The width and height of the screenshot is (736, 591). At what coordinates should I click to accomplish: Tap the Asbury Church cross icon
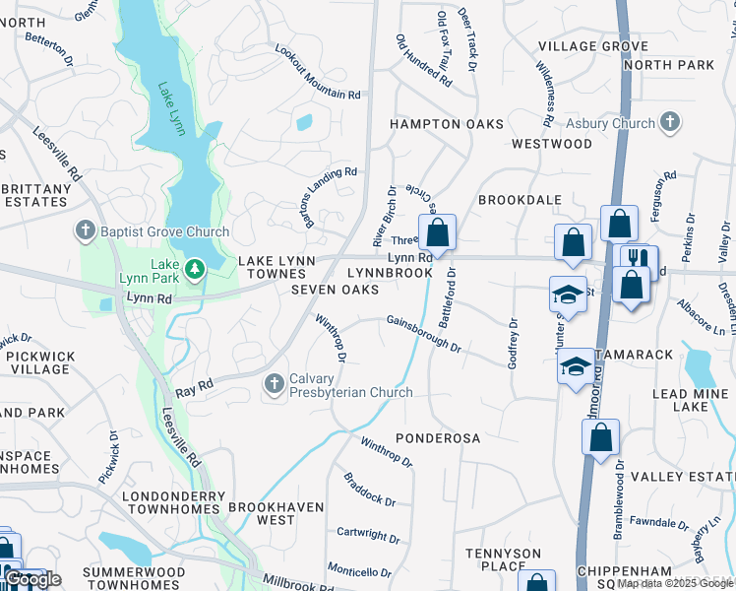[670, 123]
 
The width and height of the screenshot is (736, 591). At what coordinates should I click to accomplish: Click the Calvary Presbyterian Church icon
[275, 382]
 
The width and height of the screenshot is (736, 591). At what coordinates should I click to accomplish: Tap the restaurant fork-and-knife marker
[641, 259]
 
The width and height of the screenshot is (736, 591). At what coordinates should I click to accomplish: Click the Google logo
[32, 579]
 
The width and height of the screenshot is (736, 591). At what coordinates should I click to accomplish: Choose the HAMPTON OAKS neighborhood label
[446, 124]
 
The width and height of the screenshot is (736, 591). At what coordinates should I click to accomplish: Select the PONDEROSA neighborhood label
[437, 436]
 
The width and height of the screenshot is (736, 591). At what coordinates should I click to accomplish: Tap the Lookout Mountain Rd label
[318, 73]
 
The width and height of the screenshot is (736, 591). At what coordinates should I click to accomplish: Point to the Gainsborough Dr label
[423, 333]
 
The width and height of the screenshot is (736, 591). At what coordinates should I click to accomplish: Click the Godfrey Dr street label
[513, 344]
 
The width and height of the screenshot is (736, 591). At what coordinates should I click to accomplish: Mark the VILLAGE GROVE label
[593, 46]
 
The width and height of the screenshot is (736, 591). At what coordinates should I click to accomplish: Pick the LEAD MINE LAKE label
[691, 401]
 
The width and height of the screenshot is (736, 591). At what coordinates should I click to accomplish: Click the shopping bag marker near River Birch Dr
[437, 234]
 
